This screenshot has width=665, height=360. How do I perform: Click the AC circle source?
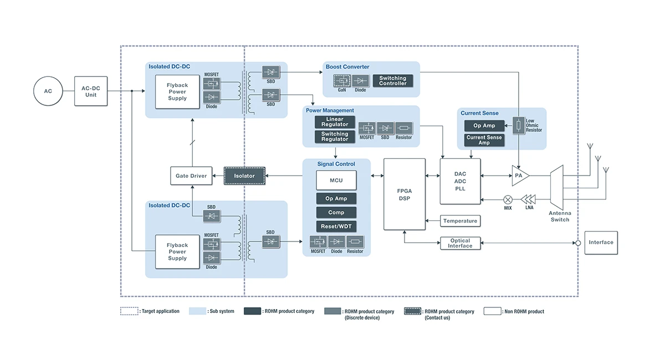click(48, 91)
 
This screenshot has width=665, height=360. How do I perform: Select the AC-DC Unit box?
click(91, 91)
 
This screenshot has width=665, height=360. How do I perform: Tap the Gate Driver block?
click(191, 176)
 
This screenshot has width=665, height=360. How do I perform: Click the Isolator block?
click(244, 176)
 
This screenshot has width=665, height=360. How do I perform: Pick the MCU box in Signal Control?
click(336, 181)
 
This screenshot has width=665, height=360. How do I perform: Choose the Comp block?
click(336, 213)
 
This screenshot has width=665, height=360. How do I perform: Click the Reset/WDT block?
click(336, 227)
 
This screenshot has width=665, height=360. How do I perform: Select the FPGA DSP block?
click(405, 194)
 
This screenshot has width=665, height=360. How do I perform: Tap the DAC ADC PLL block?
click(461, 181)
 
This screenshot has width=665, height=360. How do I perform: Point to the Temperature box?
click(460, 221)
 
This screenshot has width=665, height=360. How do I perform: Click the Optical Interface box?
click(460, 243)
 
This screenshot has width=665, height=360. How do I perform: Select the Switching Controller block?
click(393, 81)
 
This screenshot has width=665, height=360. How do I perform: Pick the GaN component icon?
click(342, 81)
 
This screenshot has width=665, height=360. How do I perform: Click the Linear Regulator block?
click(335, 122)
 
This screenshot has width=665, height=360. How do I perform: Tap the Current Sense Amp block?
click(484, 140)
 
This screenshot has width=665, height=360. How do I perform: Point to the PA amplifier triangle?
click(520, 176)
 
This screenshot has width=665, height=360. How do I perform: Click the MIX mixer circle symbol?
click(508, 199)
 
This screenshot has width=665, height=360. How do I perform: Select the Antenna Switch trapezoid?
click(556, 187)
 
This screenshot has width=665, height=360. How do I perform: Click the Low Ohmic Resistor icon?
click(519, 126)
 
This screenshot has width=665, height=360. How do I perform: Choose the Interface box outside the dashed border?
click(601, 243)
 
